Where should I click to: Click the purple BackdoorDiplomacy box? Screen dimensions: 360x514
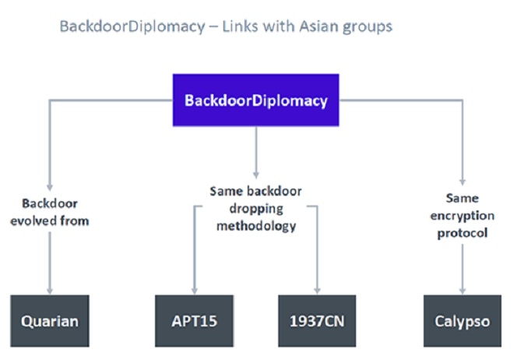(x=256, y=100)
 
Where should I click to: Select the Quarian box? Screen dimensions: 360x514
(x=50, y=320)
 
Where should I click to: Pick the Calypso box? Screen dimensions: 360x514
(x=463, y=320)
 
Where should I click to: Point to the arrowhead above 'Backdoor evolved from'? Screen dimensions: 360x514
(x=51, y=188)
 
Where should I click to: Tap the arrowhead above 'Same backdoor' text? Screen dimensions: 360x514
(x=256, y=174)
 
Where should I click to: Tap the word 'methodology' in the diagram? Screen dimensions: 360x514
(x=255, y=226)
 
